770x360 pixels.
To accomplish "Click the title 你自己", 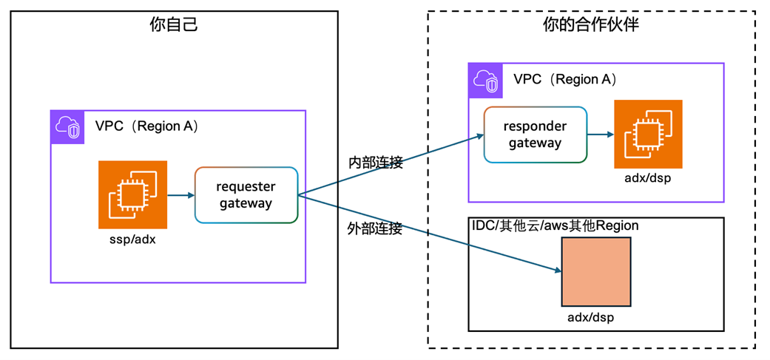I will [174, 25].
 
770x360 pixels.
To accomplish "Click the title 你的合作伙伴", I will [590, 25].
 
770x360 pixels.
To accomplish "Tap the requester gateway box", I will [246, 195].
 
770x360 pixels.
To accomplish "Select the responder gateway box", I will [536, 135].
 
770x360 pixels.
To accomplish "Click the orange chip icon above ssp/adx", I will [133, 194].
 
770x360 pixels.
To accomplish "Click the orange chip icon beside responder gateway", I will [648, 134].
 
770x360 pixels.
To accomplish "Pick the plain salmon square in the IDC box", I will [596, 272].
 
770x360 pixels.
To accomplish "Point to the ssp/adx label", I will [132, 241].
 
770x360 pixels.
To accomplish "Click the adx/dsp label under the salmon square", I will [596, 317].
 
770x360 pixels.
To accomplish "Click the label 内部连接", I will [375, 163].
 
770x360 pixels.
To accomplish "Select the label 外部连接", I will [374, 228].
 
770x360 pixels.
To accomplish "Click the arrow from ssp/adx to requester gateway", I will [180, 195].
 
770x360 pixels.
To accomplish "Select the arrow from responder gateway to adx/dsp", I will [600, 135].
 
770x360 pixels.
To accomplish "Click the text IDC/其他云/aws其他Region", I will [555, 225].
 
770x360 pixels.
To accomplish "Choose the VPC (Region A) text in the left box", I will [146, 126].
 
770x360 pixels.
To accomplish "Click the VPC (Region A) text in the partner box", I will [565, 79].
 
